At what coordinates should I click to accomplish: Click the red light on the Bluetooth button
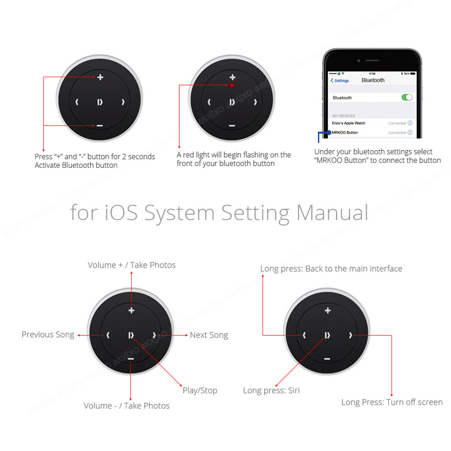(232, 85)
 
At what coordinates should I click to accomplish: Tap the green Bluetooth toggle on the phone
(407, 98)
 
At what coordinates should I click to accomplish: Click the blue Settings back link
(340, 81)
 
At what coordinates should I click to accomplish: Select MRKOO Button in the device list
(345, 133)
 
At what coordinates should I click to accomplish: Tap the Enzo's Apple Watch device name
(348, 123)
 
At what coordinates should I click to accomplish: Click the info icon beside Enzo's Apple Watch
(410, 123)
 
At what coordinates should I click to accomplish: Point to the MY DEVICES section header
(344, 116)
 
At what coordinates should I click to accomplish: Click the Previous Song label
(48, 335)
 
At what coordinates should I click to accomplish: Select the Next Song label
(209, 335)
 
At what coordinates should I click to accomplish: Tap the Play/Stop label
(200, 390)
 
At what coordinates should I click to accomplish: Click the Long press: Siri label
(271, 390)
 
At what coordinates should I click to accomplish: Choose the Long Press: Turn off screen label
(392, 402)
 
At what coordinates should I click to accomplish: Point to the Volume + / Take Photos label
(131, 265)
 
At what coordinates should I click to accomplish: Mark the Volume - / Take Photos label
(127, 406)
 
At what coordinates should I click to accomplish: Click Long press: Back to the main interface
(331, 269)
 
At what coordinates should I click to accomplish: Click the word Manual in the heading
(332, 213)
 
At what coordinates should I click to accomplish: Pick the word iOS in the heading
(121, 213)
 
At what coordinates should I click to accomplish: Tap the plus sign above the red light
(233, 77)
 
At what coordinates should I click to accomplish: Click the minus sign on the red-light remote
(232, 126)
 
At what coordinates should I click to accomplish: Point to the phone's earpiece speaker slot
(372, 61)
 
